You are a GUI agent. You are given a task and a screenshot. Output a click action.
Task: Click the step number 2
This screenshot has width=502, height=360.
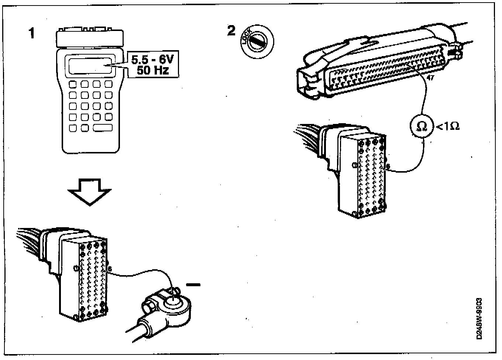pyautogui.click(x=231, y=31)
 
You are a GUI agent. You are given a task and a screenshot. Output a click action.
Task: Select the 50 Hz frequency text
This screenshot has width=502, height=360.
pyautogui.click(x=152, y=70)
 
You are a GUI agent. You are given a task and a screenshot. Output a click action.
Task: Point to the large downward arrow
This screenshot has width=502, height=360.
pyautogui.click(x=90, y=192)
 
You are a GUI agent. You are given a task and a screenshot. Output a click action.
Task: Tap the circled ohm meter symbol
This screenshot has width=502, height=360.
pyautogui.click(x=421, y=126)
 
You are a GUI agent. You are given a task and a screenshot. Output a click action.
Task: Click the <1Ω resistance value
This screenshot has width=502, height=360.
pyautogui.click(x=448, y=127)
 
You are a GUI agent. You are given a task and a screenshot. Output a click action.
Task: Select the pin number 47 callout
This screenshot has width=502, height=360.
pyautogui.click(x=430, y=78)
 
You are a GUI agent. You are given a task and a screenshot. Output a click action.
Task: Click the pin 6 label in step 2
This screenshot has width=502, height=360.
pyautogui.click(x=388, y=167)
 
